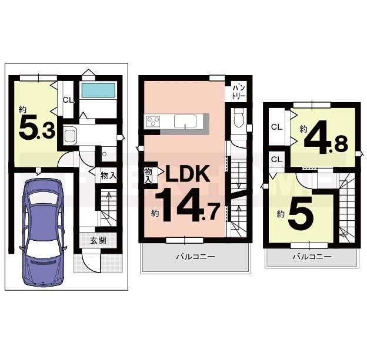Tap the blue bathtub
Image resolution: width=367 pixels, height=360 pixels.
pyautogui.click(x=98, y=90)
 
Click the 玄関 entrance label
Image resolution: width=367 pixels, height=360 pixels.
pyautogui.click(x=98, y=241)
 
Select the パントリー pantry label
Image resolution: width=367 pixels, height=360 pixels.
pyautogui.click(x=239, y=92)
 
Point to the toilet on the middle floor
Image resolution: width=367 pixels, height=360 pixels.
pyautogui.click(x=239, y=119)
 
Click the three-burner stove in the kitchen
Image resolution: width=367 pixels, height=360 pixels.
pyautogui.click(x=153, y=122)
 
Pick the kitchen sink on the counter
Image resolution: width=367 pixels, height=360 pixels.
pyautogui.click(x=185, y=122)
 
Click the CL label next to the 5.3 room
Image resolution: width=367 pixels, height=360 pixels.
pyautogui.click(x=69, y=100)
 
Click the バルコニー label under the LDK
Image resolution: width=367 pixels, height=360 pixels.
pyautogui.click(x=195, y=257)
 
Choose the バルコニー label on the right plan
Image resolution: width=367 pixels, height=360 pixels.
pyautogui.click(x=312, y=257)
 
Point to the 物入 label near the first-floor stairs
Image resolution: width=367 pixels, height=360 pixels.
pyautogui.click(x=109, y=175)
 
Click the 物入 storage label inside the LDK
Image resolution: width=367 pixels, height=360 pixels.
pyautogui.click(x=148, y=175)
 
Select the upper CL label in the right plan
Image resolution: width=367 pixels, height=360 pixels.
pyautogui.click(x=276, y=127)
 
